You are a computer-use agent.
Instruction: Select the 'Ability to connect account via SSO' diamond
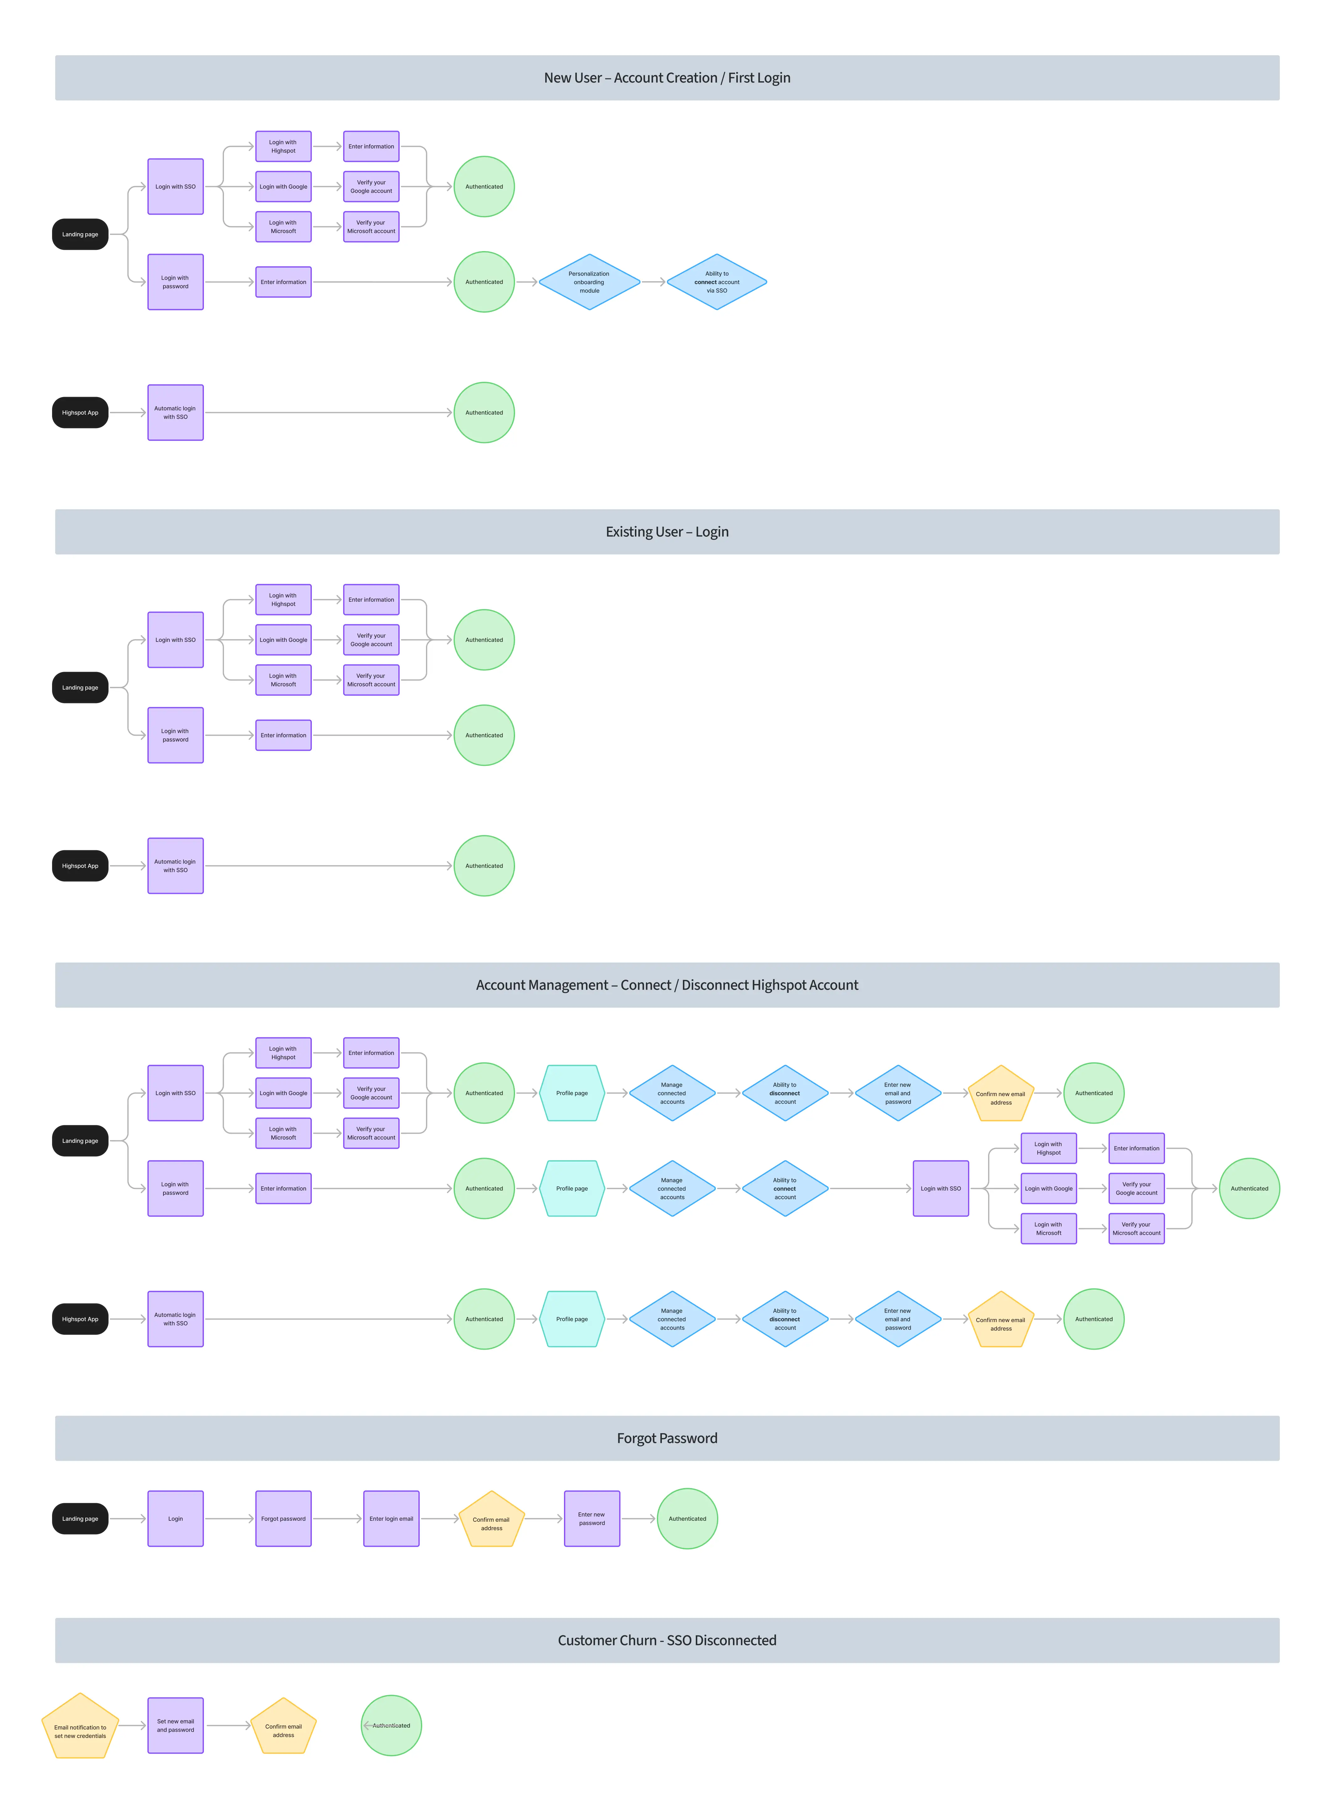[716, 282]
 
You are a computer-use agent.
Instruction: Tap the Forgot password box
[283, 1518]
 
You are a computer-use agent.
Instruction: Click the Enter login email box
[391, 1518]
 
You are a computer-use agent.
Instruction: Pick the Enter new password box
[592, 1518]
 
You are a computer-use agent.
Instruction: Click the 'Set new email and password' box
[176, 1725]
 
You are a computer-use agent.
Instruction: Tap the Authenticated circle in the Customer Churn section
[391, 1725]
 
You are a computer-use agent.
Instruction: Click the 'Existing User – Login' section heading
[667, 532]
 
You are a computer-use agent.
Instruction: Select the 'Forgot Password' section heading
[667, 1438]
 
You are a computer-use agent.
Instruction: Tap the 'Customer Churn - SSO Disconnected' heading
[667, 1640]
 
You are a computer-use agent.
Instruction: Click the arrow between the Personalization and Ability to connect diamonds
[654, 282]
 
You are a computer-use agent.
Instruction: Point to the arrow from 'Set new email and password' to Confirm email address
[229, 1725]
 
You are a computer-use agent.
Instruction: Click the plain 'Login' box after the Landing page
[176, 1518]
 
